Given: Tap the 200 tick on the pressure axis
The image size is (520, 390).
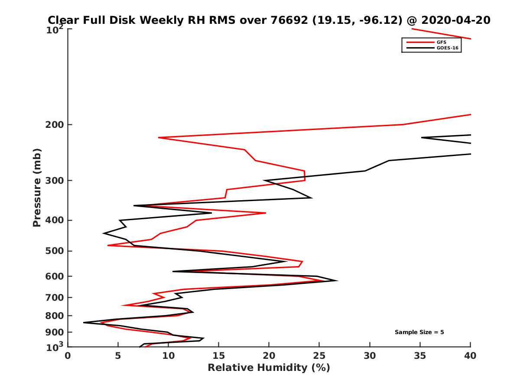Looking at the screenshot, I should pos(54,125).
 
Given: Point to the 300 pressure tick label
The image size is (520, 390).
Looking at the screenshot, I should pos(54,180).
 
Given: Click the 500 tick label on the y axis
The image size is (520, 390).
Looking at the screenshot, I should pos(54,251).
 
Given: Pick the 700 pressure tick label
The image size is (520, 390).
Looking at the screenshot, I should pos(54,297).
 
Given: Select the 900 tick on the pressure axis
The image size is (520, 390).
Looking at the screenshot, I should pos(54,332).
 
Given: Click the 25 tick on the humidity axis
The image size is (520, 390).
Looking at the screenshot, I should pos(319,356).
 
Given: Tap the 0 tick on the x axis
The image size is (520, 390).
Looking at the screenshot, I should pos(68,356).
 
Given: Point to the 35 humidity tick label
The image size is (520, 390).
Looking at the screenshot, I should pos(420,356).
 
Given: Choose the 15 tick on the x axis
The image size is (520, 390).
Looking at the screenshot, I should pos(219,356).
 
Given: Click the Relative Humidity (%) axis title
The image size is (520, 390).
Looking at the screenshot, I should pos(269,368).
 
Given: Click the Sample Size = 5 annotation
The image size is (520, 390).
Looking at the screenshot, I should pos(419,332).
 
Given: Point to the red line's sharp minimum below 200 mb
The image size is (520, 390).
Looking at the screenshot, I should pos(159,137).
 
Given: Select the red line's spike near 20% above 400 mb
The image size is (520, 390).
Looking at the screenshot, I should pos(265,213).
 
